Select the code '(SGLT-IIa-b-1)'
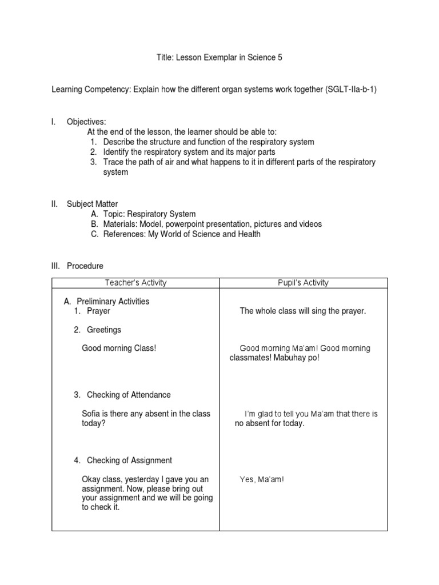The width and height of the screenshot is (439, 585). [x=352, y=90]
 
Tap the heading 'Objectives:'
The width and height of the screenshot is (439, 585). [x=86, y=122]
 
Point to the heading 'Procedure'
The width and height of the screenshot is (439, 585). [x=85, y=266]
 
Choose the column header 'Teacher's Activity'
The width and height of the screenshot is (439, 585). [x=135, y=283]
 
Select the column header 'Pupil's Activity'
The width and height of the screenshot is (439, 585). [x=303, y=283]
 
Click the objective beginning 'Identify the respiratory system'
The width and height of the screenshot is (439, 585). [x=189, y=152]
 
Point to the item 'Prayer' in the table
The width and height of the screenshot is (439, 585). [x=98, y=311]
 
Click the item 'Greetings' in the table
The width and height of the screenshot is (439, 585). [x=103, y=330]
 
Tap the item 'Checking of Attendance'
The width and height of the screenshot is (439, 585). [x=129, y=395]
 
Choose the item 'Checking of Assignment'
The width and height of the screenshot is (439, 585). [x=129, y=460]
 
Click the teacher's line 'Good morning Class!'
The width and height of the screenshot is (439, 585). [x=119, y=348]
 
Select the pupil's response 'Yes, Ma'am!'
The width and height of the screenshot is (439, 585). [x=261, y=479]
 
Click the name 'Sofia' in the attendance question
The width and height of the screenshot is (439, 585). [x=92, y=414]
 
